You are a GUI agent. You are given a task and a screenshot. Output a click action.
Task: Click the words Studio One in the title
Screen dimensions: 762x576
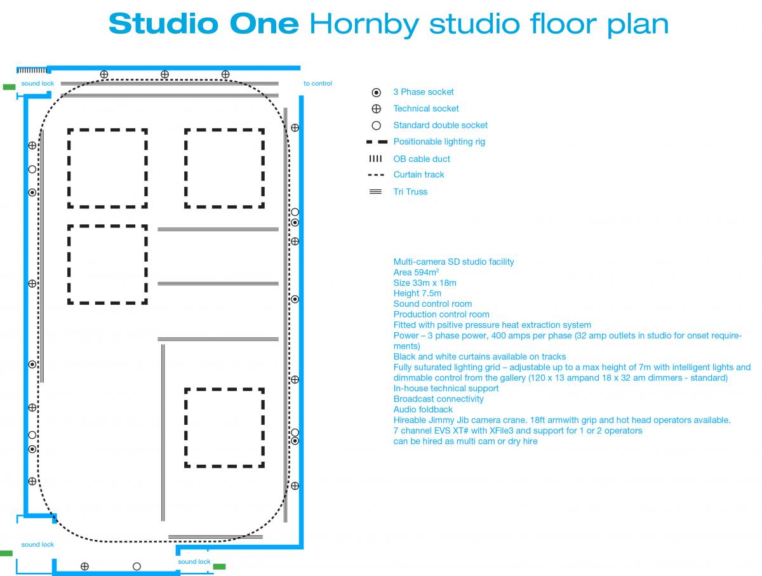204,23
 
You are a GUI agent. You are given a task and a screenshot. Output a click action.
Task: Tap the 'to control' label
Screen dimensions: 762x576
317,83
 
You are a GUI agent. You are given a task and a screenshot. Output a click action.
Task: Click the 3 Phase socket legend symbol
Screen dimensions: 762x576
376,92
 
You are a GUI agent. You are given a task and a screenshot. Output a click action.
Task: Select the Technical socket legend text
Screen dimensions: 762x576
425,109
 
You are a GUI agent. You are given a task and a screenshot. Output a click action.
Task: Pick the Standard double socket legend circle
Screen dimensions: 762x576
376,125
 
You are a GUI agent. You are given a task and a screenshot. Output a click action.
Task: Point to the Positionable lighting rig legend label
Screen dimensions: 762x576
439,142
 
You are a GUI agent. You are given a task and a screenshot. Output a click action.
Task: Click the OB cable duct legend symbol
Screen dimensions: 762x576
375,159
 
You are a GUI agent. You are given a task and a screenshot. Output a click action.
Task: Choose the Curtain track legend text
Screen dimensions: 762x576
418,175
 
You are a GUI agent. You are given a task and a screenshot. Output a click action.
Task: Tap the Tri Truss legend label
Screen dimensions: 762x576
410,192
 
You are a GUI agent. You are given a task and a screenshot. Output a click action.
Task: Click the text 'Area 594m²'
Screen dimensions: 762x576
416,272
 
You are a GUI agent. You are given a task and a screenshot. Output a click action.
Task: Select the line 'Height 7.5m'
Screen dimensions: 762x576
417,293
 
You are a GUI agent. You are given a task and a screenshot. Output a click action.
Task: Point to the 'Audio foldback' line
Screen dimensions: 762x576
423,410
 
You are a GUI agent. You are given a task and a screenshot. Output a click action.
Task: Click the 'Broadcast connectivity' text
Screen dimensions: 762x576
438,399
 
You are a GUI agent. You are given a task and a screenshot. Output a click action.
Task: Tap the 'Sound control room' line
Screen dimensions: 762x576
432,304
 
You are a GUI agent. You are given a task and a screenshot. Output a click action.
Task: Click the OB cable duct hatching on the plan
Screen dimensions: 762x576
32,70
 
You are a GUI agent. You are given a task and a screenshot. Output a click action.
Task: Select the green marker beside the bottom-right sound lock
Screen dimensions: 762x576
219,566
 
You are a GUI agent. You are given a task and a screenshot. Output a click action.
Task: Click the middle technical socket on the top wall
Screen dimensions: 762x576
164,74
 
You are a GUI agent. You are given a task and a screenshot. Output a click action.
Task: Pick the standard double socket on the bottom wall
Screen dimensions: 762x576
137,566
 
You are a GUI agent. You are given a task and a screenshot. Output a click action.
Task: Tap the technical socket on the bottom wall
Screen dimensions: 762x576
84,566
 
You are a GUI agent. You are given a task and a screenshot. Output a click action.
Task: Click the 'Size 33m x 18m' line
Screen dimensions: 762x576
425,283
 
